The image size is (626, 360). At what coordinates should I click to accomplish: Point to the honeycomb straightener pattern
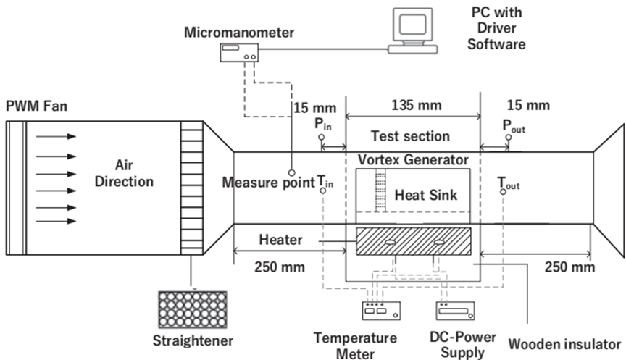191,309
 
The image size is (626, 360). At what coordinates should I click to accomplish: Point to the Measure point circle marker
291,172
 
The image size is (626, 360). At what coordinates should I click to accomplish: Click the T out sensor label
507,183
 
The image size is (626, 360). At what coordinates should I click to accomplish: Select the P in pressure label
323,125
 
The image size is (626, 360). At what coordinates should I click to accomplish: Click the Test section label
410,135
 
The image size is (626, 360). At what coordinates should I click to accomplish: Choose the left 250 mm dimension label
270,267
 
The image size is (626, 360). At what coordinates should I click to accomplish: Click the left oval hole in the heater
390,243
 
